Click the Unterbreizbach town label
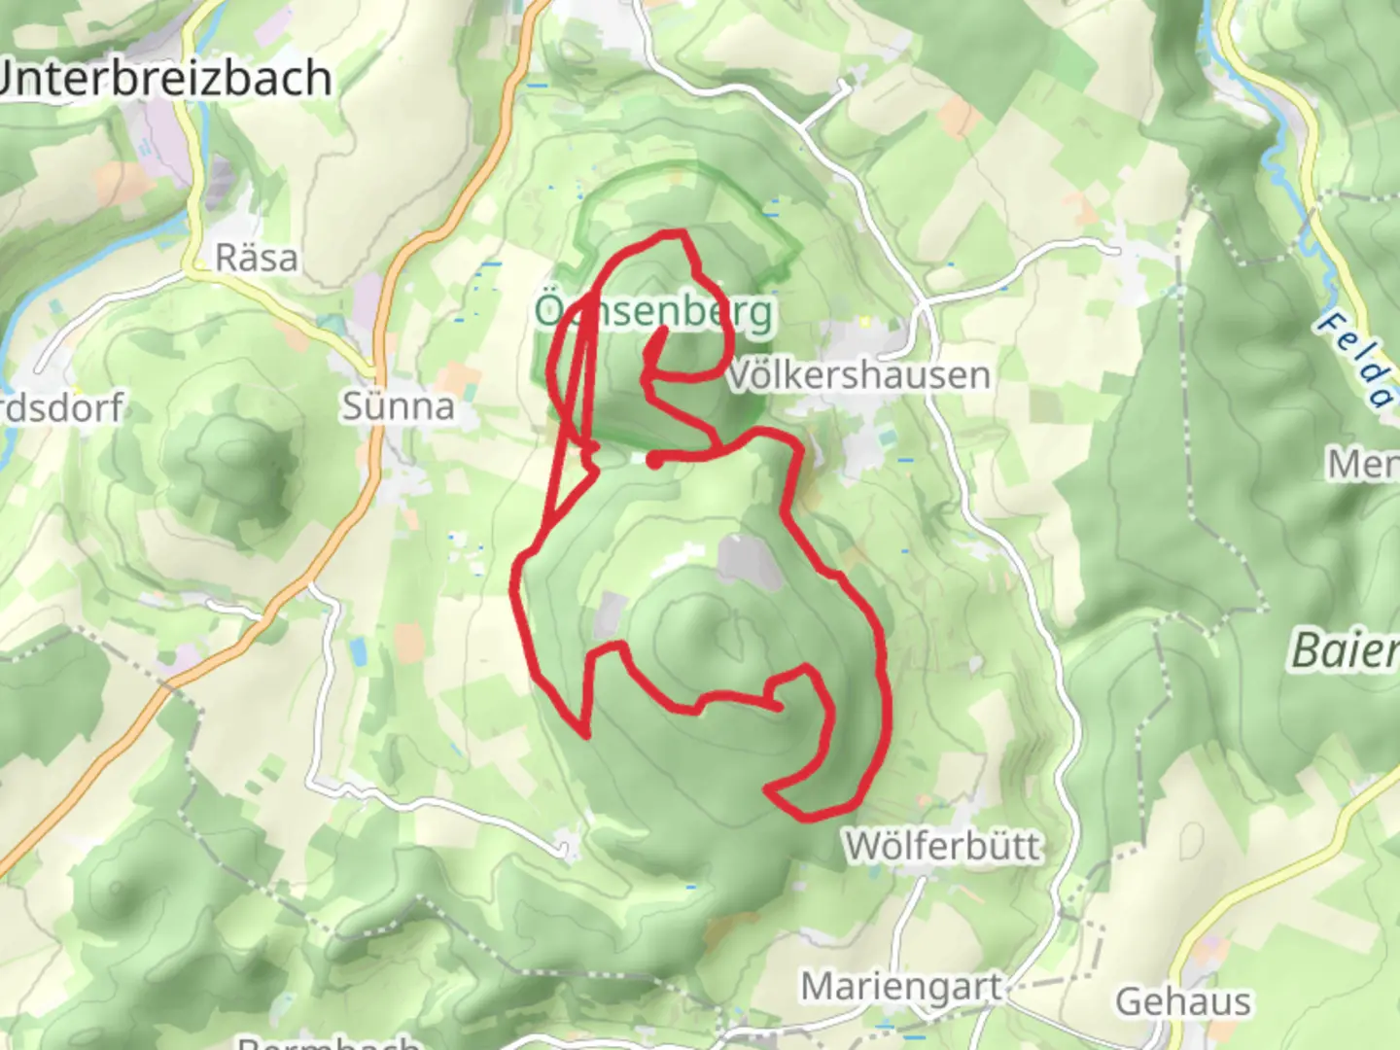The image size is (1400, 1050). point(165,78)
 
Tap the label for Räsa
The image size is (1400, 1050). point(256,258)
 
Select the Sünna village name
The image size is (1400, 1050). point(398,405)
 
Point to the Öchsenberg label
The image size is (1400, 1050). point(654,311)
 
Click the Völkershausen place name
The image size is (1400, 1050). point(858,375)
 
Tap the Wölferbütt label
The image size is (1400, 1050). point(942,846)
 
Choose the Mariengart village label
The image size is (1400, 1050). point(901,987)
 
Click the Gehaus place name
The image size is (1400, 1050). point(1183,1001)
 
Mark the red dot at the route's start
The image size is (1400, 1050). point(655,460)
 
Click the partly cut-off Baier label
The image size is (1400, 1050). point(1346,649)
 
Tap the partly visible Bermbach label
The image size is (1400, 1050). point(331,1042)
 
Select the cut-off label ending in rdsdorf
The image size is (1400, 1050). point(60,408)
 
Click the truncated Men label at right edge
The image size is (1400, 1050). point(1363,465)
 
